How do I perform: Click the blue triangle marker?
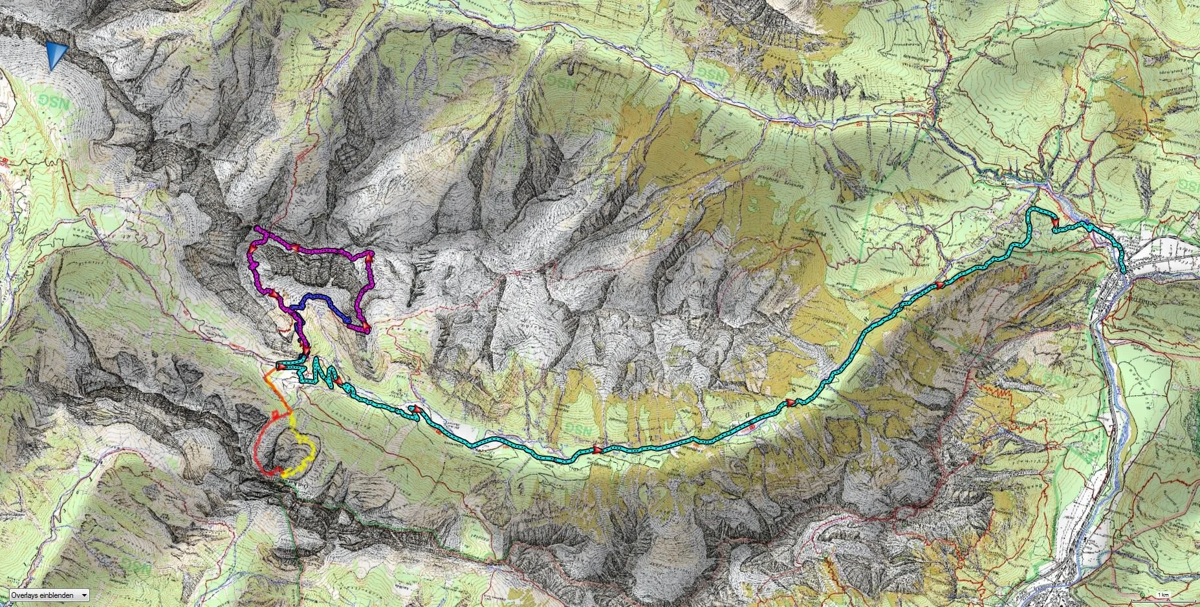click(57, 55)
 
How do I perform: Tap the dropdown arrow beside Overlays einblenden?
click(84, 595)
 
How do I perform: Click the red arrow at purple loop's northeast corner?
click(369, 258)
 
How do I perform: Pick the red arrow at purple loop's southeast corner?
click(365, 327)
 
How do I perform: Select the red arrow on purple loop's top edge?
click(295, 248)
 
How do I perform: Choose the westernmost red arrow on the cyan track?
click(282, 366)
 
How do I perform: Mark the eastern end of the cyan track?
click(1124, 270)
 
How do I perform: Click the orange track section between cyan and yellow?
click(272, 382)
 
